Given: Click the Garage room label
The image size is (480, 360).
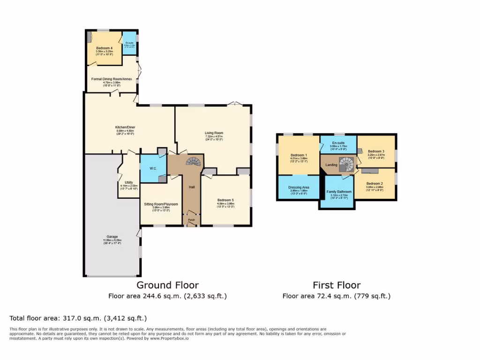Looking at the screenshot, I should click(112, 237).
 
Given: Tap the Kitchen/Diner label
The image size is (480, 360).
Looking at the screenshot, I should click(125, 127).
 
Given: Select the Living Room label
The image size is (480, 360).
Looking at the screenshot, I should click(214, 133).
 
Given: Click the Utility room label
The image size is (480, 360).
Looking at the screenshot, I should click(129, 182).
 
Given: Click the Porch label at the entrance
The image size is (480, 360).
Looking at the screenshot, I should click(191, 220).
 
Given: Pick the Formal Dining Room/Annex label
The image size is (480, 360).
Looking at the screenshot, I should click(112, 79).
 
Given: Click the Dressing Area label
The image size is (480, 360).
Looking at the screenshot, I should click(298, 187).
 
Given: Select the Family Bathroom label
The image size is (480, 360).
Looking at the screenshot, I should click(339, 192).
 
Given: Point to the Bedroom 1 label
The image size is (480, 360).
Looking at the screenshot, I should click(299, 155).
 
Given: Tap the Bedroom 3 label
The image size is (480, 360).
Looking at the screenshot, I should click(376, 151).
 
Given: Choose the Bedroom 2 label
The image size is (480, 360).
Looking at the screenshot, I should click(375, 183).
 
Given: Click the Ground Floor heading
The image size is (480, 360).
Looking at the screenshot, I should click(167, 285).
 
